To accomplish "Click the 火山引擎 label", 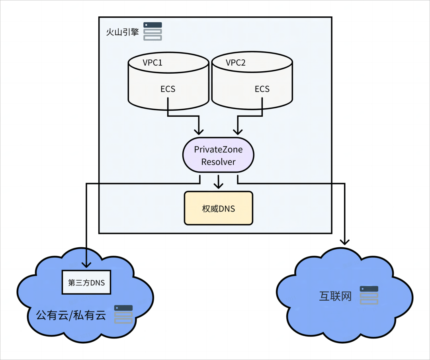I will pyautogui.click(x=122, y=32).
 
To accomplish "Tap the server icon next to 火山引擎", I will pyautogui.click(x=153, y=31).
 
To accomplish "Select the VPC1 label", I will pyautogui.click(x=152, y=63).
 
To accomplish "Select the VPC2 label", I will pyautogui.click(x=236, y=63).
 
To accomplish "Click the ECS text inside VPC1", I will pyautogui.click(x=168, y=89).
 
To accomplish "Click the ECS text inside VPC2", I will pyautogui.click(x=262, y=89).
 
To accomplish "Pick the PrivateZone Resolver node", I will pyautogui.click(x=218, y=155).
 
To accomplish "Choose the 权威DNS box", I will pyautogui.click(x=218, y=208).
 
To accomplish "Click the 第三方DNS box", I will pyautogui.click(x=86, y=283).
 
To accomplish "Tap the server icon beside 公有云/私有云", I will pyautogui.click(x=123, y=314).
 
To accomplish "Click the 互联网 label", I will pyautogui.click(x=335, y=296).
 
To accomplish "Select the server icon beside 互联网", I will pyautogui.click(x=369, y=295).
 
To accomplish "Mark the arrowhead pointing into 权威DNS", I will pyautogui.click(x=218, y=185).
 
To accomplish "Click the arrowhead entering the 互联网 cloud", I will pyautogui.click(x=345, y=241).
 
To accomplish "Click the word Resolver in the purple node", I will pyautogui.click(x=218, y=162).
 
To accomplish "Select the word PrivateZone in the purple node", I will pyautogui.click(x=218, y=149).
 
